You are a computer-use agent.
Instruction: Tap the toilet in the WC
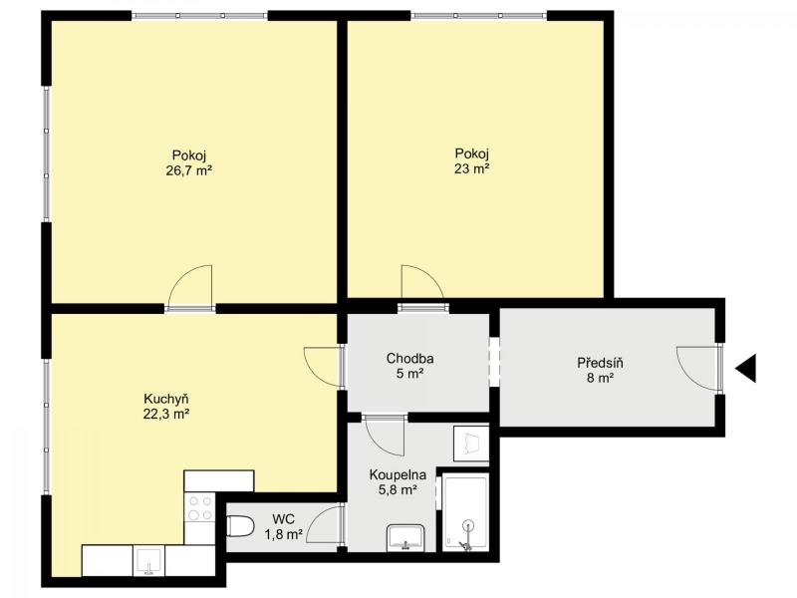(240, 526)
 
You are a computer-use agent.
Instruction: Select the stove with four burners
(200, 508)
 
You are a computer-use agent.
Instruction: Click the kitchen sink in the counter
(148, 561)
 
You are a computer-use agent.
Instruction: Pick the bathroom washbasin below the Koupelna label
(405, 538)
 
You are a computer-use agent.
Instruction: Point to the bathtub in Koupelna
(465, 512)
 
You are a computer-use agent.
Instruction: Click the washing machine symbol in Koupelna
(471, 443)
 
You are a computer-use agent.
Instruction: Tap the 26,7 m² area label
(188, 170)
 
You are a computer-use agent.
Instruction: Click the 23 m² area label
(471, 168)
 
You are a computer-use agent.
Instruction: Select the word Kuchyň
(166, 399)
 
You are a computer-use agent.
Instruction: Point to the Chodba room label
(409, 359)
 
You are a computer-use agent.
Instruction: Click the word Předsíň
(600, 363)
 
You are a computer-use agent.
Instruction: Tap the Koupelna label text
(398, 475)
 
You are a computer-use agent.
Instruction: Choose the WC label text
(283, 519)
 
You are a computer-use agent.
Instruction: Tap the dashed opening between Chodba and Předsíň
(494, 362)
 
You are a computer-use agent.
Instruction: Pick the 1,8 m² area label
(284, 534)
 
